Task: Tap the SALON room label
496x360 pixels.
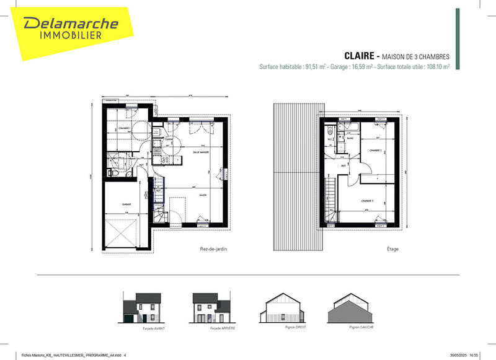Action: click(203, 195)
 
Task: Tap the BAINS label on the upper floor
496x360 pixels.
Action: click(350, 138)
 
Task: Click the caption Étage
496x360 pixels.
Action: click(392, 249)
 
